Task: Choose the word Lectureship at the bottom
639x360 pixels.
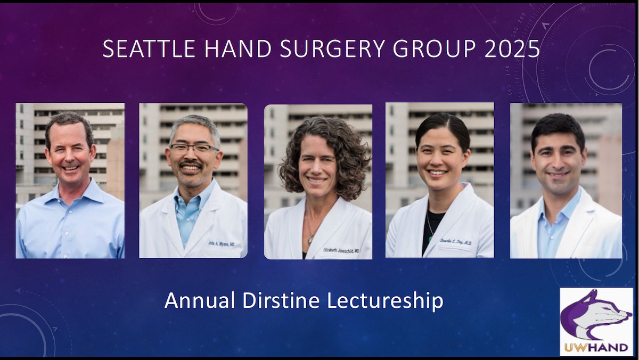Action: point(385,301)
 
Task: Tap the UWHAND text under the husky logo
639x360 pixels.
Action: point(596,347)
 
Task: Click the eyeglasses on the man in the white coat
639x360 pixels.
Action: point(193,149)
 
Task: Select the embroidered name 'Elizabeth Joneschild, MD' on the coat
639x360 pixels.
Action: point(341,250)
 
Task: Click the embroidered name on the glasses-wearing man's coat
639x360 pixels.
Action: point(221,243)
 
